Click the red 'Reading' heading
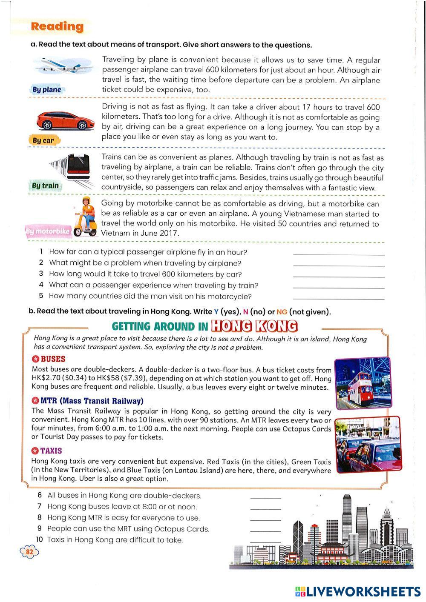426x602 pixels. click(x=57, y=26)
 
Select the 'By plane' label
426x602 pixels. click(x=47, y=89)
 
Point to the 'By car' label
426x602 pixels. click(x=43, y=140)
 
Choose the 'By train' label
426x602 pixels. click(x=45, y=185)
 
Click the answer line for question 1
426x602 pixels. click(x=339, y=254)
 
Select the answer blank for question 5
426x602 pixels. click(x=339, y=298)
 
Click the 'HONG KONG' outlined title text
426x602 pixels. click(x=254, y=326)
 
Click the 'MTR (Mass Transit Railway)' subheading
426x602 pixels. click(x=87, y=401)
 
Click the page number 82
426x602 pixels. click(x=29, y=552)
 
